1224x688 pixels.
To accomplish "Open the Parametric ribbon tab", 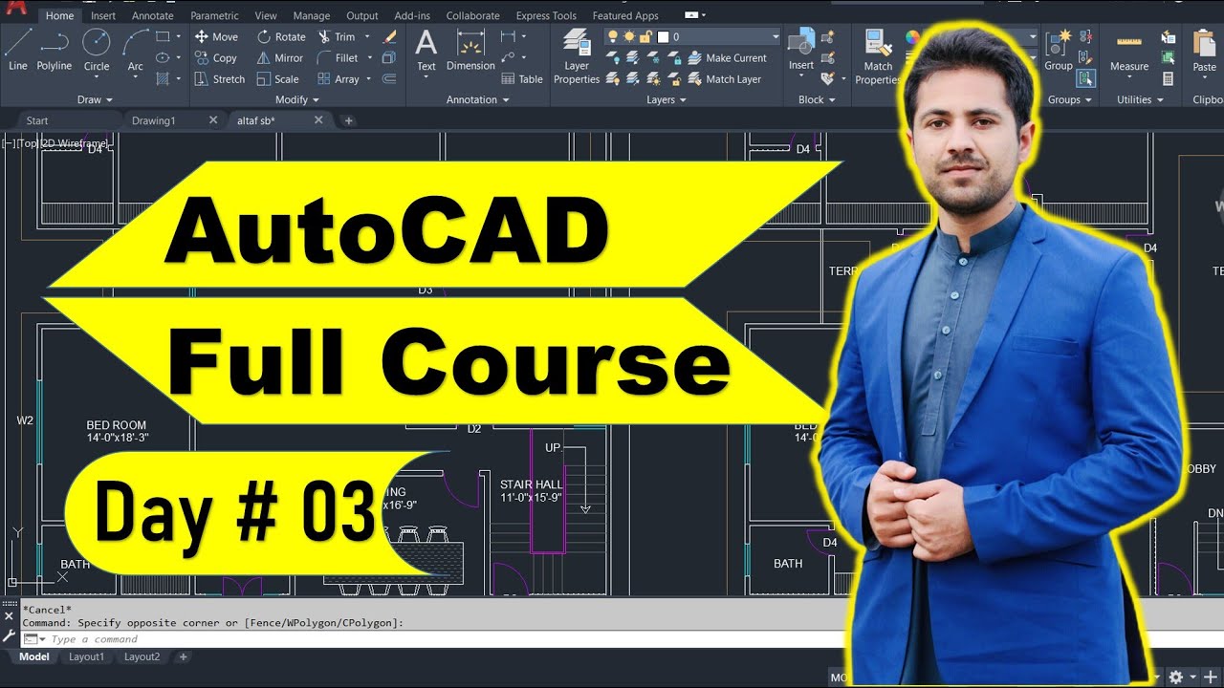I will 214,15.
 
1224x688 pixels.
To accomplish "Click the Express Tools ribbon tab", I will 546,15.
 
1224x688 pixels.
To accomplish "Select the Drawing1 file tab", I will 154,120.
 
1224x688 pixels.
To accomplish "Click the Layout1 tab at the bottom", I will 86,656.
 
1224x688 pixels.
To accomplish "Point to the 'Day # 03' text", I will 233,514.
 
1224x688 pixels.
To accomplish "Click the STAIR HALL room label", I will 532,484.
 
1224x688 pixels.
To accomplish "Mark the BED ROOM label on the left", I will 117,425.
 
